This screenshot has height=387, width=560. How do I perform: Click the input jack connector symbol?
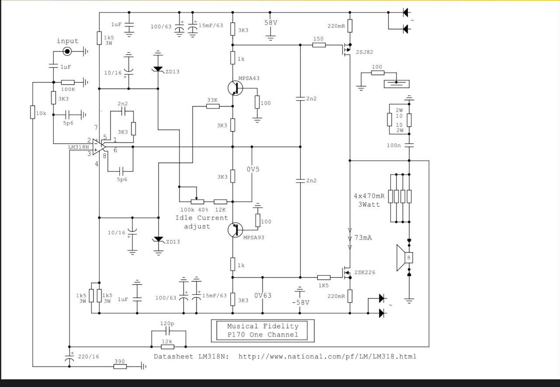(67, 52)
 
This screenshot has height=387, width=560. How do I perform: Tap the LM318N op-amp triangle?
(98, 147)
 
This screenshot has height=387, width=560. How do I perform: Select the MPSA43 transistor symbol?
(235, 88)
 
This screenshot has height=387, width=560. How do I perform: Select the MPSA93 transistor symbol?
(235, 230)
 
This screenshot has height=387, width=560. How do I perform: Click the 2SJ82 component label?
(364, 52)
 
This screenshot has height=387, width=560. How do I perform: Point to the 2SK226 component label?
(365, 272)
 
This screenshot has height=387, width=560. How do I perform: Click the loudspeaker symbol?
(405, 258)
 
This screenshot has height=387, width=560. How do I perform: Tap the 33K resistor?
(213, 106)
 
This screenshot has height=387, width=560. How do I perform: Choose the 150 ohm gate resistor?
(319, 45)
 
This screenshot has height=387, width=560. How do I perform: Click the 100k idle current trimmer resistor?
(197, 202)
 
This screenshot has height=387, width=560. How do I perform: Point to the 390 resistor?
(120, 366)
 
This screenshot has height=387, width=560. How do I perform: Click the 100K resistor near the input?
(68, 82)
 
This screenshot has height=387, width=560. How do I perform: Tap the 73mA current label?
(363, 237)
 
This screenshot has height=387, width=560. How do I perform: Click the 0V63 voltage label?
(263, 295)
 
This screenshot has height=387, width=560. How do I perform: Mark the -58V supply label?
(301, 303)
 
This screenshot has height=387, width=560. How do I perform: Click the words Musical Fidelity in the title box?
(263, 326)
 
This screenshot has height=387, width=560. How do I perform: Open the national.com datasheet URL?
(328, 356)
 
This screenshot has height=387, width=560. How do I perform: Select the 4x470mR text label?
(369, 196)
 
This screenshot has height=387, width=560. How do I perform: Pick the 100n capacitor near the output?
(409, 145)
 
